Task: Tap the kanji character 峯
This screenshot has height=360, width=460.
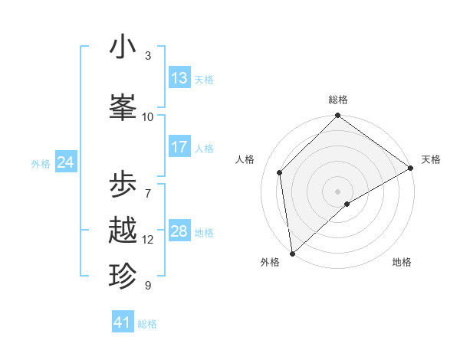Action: tap(123, 108)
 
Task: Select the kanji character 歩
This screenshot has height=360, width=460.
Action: tap(123, 185)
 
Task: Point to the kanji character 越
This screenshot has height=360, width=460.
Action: tap(123, 231)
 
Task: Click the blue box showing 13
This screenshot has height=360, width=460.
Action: tap(179, 79)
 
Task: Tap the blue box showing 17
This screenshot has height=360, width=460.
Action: tap(179, 148)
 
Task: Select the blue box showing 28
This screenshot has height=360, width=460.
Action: tap(179, 232)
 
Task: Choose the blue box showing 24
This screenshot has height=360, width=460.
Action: tap(65, 162)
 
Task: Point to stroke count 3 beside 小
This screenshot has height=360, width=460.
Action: tap(148, 56)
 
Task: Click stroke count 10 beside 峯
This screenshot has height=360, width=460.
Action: tap(148, 117)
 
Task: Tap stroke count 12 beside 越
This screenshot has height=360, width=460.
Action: tap(148, 240)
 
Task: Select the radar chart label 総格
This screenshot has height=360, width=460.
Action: tap(338, 100)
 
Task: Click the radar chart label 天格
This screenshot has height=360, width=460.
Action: tap(431, 159)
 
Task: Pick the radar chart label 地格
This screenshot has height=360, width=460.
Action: tap(402, 262)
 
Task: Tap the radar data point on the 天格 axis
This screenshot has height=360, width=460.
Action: tap(411, 168)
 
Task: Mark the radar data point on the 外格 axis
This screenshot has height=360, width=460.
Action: tap(292, 253)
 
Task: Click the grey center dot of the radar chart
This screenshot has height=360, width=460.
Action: tap(338, 191)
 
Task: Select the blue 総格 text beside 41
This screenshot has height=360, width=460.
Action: tap(147, 324)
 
